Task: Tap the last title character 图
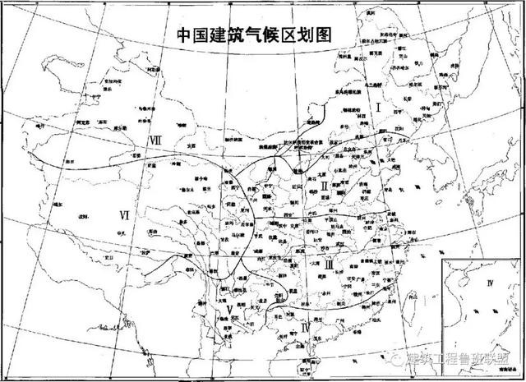coord(335,35)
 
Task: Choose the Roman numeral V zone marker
coord(217,310)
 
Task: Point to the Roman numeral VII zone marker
coord(154,139)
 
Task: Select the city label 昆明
coord(234,310)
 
